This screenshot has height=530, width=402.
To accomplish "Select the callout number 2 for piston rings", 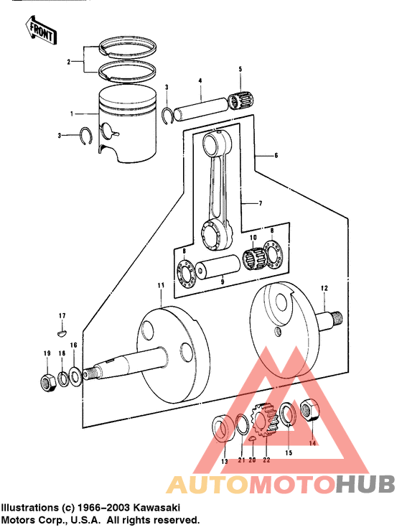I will pos(70,62).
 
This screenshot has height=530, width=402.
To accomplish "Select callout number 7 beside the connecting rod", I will pos(261,203).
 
